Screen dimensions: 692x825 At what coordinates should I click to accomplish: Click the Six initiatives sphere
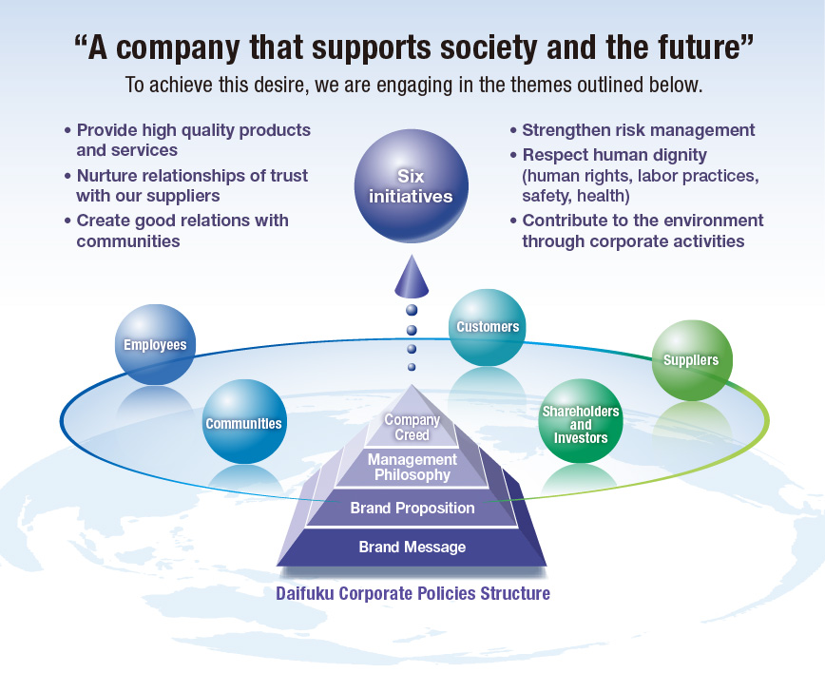(x=411, y=186)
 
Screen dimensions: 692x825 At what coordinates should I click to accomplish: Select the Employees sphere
(x=154, y=345)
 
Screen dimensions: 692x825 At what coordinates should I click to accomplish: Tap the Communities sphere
(x=243, y=422)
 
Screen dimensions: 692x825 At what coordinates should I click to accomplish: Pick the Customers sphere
(x=487, y=328)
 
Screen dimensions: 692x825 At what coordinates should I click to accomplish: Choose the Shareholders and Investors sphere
(x=580, y=424)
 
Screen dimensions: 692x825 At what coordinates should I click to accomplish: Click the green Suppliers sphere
(x=691, y=360)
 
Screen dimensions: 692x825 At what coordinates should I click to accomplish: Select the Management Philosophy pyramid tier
(x=412, y=467)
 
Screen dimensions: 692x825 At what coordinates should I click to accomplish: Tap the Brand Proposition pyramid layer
(x=412, y=509)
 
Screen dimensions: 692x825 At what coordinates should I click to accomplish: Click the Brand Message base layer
(x=412, y=548)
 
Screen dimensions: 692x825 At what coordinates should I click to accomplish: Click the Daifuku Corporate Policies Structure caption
(x=412, y=594)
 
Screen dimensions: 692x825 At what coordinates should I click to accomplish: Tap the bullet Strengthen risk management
(x=638, y=130)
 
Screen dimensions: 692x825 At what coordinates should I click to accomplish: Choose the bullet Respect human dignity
(x=614, y=154)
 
